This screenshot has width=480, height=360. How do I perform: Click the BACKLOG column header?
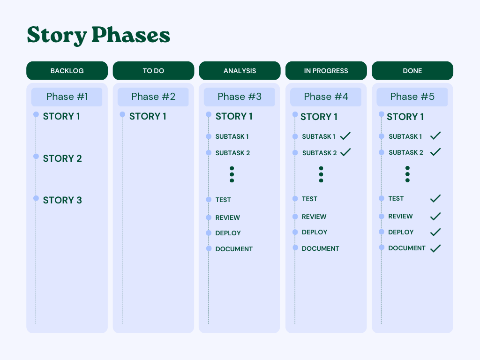coord(67,71)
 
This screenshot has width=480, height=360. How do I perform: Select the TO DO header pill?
coord(153,71)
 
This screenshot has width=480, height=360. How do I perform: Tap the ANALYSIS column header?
coord(240,71)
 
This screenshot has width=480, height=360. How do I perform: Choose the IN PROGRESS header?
coord(326,71)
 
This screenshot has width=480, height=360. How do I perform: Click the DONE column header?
coord(412,71)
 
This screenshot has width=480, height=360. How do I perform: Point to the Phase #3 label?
coord(240,97)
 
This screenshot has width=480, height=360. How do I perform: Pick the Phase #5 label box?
coord(412,97)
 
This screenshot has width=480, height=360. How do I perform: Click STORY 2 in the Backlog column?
coord(62,158)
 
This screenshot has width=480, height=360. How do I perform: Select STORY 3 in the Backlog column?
coord(62,200)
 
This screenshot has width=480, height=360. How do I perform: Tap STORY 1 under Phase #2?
coord(148,116)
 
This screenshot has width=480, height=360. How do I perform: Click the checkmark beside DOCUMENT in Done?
coord(435,248)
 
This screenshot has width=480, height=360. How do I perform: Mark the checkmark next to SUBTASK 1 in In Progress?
coord(345,136)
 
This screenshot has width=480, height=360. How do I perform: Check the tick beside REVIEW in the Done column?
coord(435,217)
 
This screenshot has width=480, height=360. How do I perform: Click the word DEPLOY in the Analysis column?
coord(228,233)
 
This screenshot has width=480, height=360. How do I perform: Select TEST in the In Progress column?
coord(309,199)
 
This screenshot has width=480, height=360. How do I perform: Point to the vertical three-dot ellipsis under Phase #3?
coord(232,174)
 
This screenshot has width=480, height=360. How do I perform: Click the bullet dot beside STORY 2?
coord(36,157)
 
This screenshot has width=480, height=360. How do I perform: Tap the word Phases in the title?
coord(131,35)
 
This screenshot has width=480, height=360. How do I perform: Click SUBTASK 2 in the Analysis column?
coord(232,153)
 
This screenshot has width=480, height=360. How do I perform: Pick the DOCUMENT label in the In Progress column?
coord(321,248)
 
